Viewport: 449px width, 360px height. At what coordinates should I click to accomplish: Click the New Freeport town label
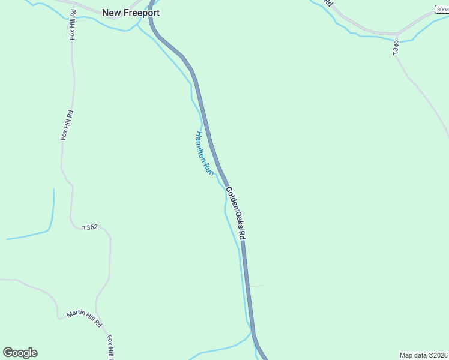coord(131,12)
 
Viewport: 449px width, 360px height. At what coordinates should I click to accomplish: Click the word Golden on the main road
coord(231,199)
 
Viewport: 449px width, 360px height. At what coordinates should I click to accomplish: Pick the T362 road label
coord(90,227)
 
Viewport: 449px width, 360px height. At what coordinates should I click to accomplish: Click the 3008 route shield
coord(442,9)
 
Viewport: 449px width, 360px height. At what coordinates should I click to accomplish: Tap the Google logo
coord(20,353)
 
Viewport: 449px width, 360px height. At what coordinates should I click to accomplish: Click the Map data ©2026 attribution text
coord(423,355)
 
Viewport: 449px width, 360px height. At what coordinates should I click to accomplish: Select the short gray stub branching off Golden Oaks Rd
coord(256,286)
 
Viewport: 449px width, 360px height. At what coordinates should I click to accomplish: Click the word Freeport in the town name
coord(142,12)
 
